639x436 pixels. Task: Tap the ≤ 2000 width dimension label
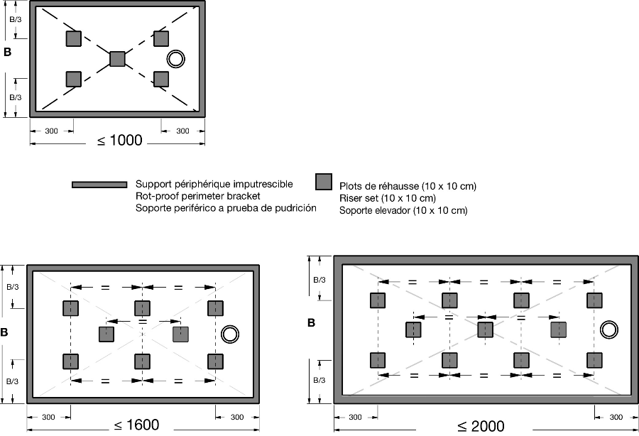481,426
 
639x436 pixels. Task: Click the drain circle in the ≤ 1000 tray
175,59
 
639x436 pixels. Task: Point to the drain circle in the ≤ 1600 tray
229,333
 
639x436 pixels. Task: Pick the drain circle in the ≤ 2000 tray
608,329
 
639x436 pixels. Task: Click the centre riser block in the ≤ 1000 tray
117,59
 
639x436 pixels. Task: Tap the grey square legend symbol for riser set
324,182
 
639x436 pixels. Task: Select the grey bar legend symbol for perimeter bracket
99,185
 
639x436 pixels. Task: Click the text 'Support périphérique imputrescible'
214,184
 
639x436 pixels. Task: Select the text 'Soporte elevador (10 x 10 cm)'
403,210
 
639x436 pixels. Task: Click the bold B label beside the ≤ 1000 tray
8,52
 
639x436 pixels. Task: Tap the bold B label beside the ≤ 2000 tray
311,323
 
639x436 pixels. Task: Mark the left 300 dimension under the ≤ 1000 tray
51,131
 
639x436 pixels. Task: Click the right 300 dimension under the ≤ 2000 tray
616,417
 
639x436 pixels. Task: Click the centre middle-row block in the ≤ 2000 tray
485,329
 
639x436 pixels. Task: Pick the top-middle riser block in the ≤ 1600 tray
142,308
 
